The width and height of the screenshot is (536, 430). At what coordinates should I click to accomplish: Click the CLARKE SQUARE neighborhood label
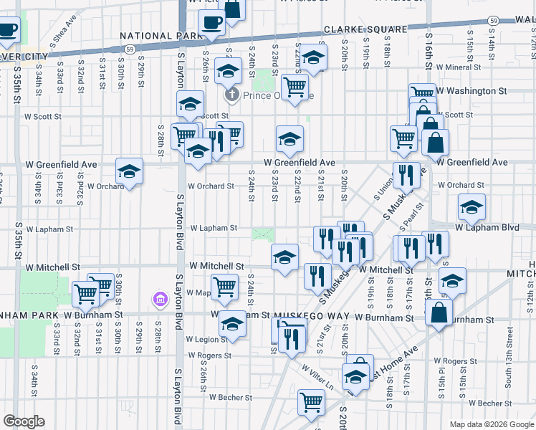[355, 29]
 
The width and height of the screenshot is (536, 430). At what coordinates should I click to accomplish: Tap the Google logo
[24, 421]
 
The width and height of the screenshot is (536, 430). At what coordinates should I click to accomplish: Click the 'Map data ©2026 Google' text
[491, 424]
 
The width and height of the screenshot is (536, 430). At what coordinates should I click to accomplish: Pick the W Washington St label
[472, 91]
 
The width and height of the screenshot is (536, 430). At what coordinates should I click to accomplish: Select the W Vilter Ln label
[317, 376]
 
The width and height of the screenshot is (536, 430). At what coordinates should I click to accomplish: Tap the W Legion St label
[206, 339]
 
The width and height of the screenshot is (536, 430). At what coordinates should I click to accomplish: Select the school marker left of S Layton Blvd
[130, 171]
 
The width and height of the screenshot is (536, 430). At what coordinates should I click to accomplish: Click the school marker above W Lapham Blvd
[472, 207]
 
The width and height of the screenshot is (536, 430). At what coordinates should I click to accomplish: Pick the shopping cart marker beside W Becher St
[311, 403]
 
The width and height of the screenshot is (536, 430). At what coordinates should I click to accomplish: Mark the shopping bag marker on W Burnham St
[439, 312]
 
